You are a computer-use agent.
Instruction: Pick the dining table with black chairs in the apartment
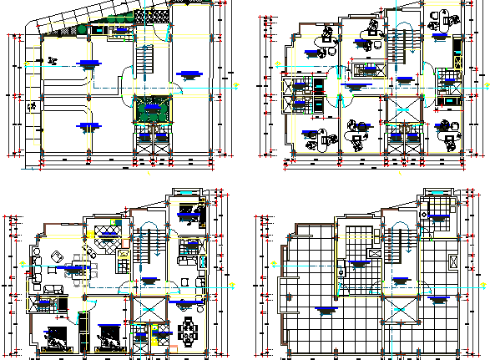point(189,329)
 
